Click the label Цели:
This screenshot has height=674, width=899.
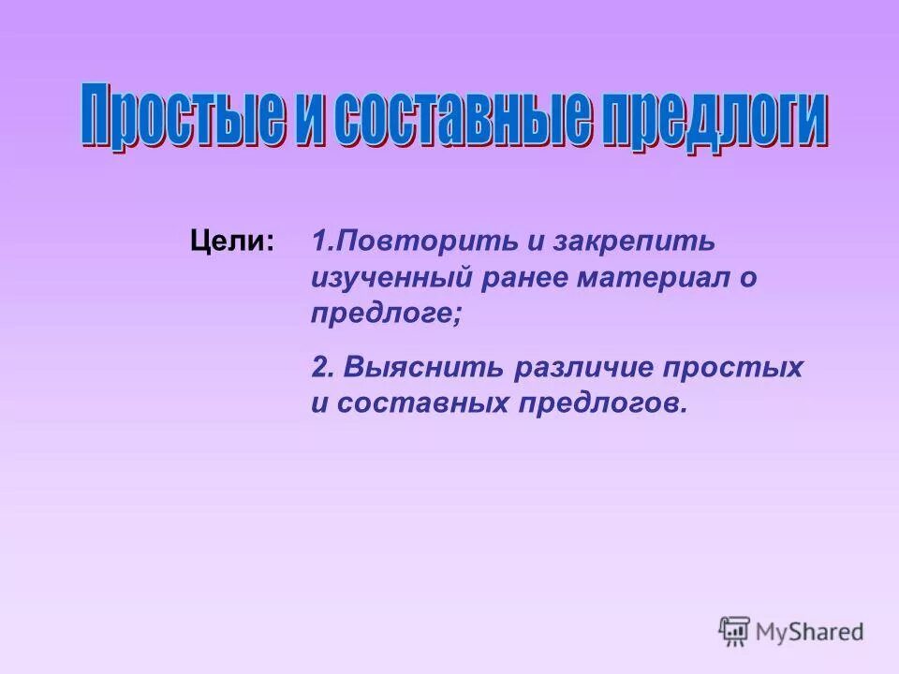pos(233,242)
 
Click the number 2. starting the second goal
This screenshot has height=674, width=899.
pos(323,367)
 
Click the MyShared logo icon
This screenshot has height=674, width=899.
pos(735,632)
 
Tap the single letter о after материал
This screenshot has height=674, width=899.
pos(747,278)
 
